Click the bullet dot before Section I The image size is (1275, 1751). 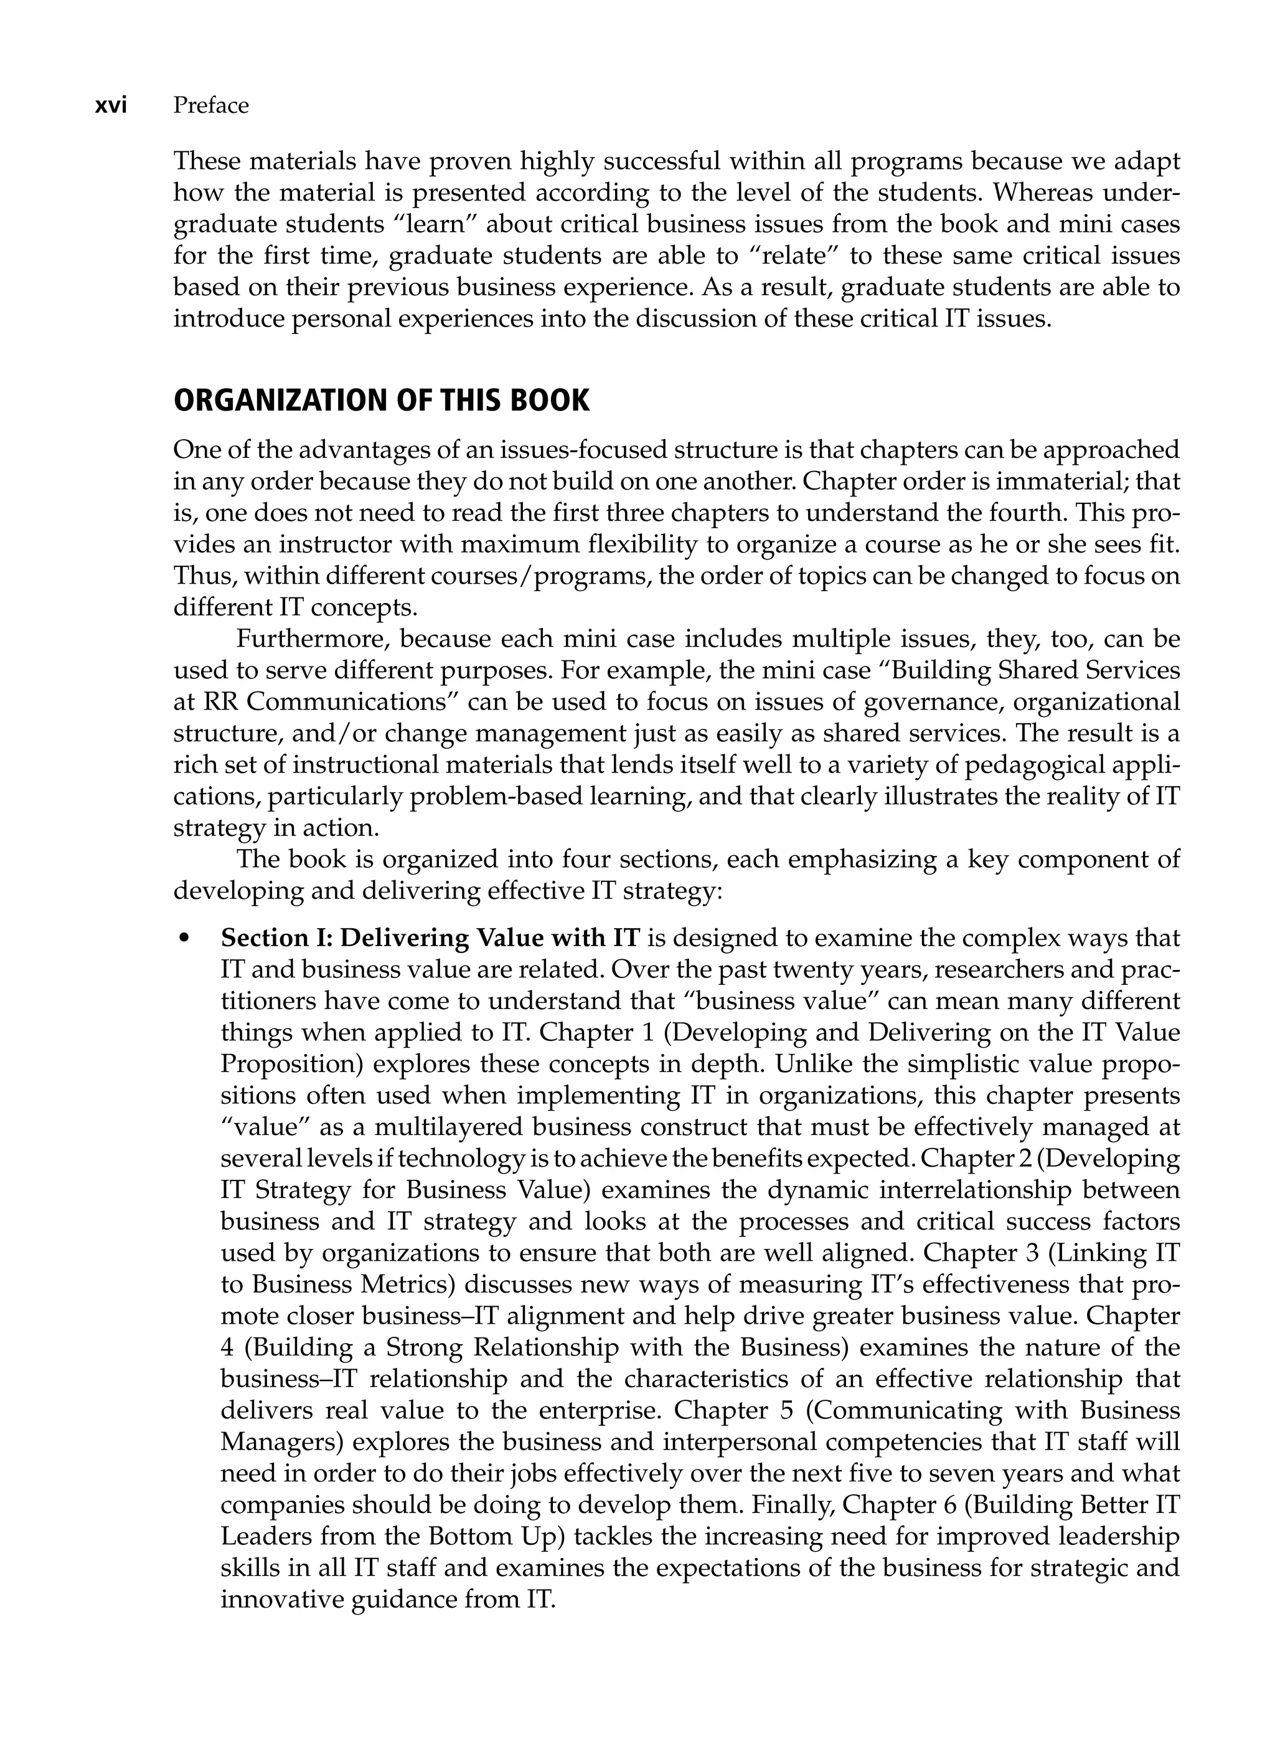pos(184,939)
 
